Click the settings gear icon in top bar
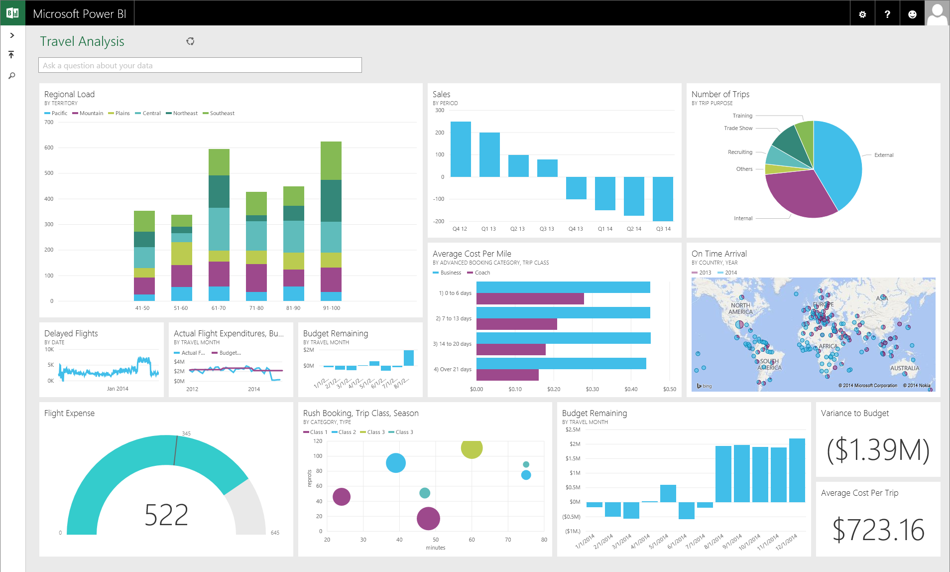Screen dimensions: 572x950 [862, 14]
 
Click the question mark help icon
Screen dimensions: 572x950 [887, 14]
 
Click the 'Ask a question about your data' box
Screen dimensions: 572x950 [200, 65]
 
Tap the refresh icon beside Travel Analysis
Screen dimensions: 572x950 [190, 41]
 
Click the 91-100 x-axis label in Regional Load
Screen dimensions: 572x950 [331, 308]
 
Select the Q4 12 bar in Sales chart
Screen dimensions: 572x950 [461, 149]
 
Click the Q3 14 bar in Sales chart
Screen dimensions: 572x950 [663, 199]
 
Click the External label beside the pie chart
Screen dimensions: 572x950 [884, 155]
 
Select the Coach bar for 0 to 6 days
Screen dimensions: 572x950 [530, 299]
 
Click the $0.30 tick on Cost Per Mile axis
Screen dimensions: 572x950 [592, 389]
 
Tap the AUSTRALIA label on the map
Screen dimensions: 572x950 [904, 368]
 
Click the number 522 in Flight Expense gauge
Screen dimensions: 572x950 [166, 515]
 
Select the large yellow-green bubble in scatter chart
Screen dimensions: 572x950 [472, 448]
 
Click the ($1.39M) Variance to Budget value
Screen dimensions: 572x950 [878, 450]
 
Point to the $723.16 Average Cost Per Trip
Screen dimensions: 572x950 [878, 530]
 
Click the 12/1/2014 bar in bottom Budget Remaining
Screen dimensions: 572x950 [797, 470]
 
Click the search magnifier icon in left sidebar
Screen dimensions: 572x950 [12, 76]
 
